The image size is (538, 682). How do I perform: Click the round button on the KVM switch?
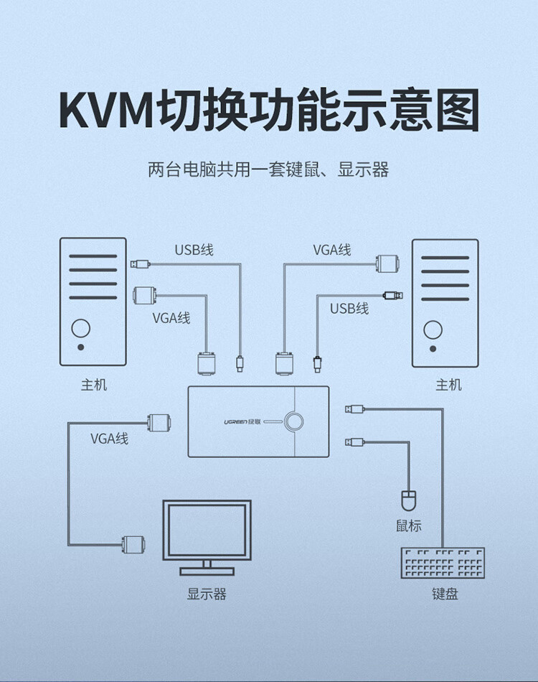(294, 421)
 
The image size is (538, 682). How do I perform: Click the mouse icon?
(408, 500)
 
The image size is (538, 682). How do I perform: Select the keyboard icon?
(443, 563)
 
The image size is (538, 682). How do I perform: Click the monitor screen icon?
(207, 538)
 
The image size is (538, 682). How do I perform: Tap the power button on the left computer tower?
(80, 328)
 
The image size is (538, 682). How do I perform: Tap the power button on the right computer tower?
(433, 330)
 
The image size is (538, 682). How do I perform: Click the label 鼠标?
(408, 525)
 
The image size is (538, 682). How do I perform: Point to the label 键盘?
(445, 594)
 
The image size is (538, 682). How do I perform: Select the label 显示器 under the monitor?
(207, 594)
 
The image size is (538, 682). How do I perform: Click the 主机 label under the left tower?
(93, 385)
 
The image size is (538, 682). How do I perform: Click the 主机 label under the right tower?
(448, 385)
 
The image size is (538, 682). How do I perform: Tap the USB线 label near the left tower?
(194, 250)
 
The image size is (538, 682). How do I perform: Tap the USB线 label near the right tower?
(349, 309)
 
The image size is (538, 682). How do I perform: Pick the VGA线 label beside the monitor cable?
(110, 439)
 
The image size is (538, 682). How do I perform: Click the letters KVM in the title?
(106, 109)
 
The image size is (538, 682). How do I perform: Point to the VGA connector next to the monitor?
(133, 544)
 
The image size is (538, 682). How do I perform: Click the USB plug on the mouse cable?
(354, 442)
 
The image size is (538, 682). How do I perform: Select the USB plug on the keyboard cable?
(354, 409)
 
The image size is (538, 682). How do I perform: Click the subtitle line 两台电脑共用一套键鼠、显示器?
(268, 169)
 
